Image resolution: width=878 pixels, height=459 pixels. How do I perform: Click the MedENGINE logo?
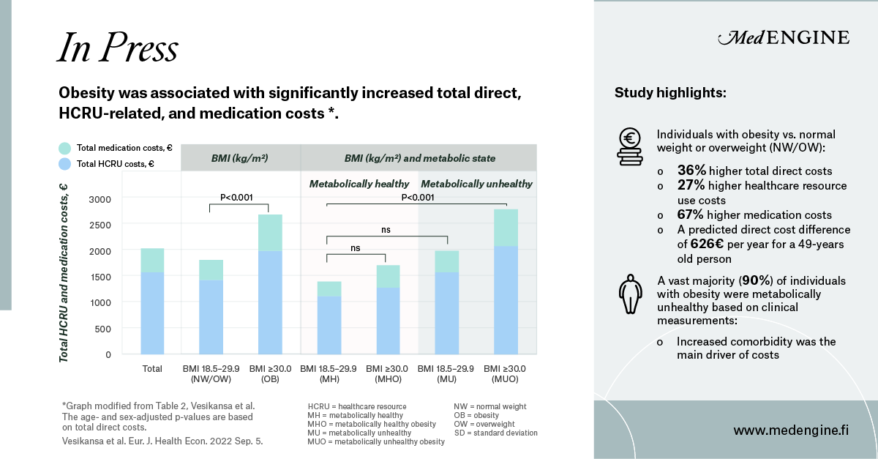[x=784, y=38]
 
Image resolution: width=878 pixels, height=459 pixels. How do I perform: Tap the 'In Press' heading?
[x=118, y=49]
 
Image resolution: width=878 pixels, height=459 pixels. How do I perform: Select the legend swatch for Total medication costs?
[x=64, y=148]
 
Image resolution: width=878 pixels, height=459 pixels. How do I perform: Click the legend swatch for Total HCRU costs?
[x=64, y=164]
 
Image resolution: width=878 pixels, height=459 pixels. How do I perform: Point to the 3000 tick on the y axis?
[x=100, y=199]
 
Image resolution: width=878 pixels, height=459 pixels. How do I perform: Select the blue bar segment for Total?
[x=152, y=313]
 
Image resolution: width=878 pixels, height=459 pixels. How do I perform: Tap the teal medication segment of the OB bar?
[x=270, y=233]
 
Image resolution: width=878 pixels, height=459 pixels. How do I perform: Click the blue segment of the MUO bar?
[x=506, y=300]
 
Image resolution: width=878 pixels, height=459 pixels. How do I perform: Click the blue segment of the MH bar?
[x=329, y=325]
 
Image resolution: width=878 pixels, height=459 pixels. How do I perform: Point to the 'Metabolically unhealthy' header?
[x=476, y=184]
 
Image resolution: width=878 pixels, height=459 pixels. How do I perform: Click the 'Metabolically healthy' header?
[x=359, y=184]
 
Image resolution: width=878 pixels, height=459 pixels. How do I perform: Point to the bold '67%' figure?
[x=691, y=215]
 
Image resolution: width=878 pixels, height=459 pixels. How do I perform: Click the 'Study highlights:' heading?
[x=670, y=93]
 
